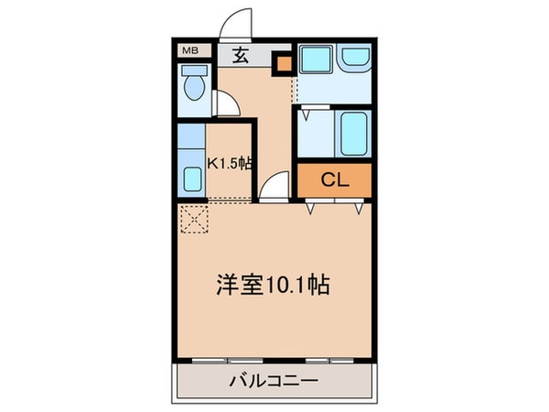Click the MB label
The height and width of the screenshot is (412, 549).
(x=189, y=50)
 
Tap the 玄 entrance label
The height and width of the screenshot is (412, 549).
(x=240, y=54)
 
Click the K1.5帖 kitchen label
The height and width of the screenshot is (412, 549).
(x=230, y=164)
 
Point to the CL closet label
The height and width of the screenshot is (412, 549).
(x=335, y=180)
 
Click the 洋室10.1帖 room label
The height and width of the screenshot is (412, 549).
(x=272, y=285)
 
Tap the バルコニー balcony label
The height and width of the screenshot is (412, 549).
(x=274, y=381)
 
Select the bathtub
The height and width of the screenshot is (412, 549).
(x=353, y=133)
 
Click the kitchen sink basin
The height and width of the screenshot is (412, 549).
(x=192, y=179)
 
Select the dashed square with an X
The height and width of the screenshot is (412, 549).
(x=194, y=220)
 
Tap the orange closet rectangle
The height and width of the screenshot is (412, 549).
(x=335, y=180)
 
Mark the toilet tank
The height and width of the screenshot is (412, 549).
(x=193, y=80)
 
